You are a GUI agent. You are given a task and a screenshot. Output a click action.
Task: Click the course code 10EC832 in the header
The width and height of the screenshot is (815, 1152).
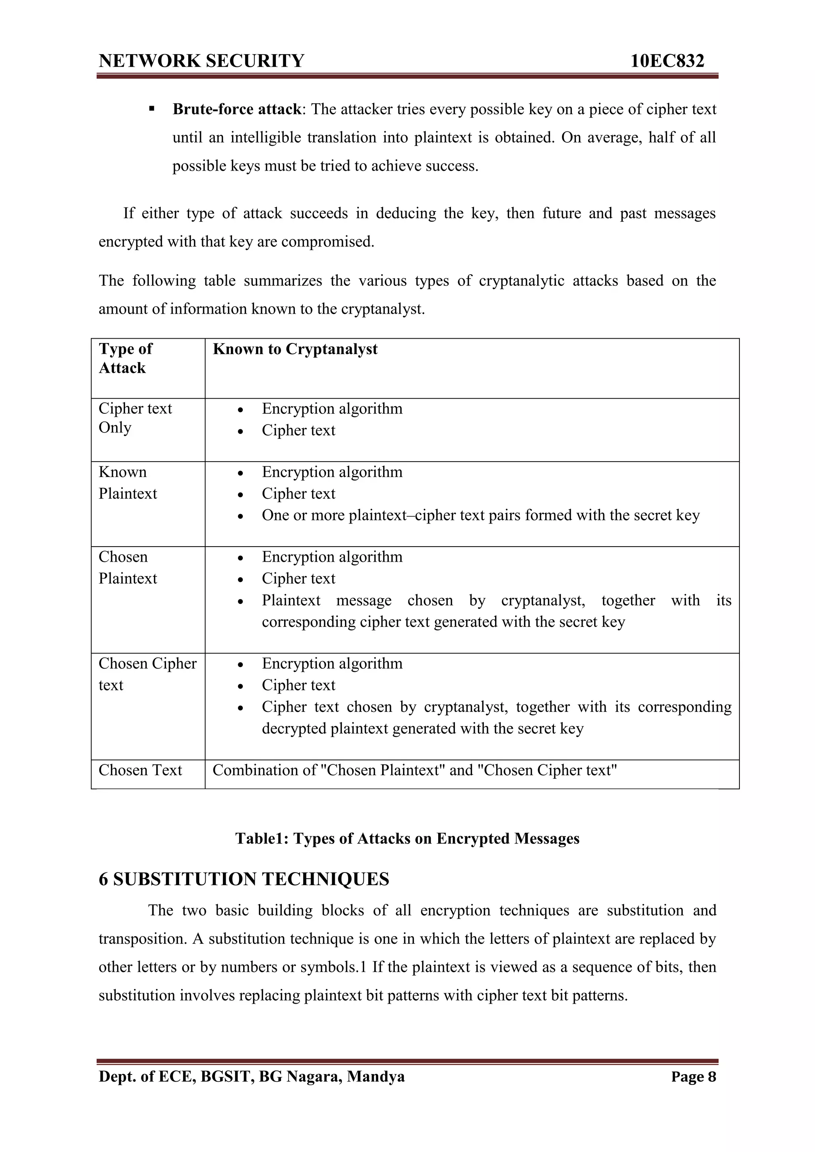(x=667, y=61)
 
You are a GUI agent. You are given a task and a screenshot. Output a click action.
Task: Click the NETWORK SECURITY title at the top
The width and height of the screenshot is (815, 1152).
(x=201, y=61)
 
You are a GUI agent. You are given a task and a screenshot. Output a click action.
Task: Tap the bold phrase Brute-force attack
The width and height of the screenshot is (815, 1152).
(x=236, y=109)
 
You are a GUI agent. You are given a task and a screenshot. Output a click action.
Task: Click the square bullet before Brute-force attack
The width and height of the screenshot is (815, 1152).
(x=151, y=109)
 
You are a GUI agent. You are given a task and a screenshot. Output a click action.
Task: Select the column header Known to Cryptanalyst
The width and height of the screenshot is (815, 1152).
(x=295, y=349)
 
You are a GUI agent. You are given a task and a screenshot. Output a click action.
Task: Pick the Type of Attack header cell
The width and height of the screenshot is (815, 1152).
(x=125, y=358)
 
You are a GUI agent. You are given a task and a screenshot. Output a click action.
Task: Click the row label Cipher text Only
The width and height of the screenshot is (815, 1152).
(x=135, y=417)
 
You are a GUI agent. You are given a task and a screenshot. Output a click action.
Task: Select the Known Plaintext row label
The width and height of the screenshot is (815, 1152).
(x=128, y=483)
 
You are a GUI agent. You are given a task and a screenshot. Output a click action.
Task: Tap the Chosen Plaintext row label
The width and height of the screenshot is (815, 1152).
(x=128, y=568)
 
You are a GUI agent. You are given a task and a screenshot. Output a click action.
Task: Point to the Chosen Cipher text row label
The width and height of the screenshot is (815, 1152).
(x=147, y=674)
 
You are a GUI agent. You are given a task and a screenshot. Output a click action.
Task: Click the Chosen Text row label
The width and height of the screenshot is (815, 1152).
(x=140, y=770)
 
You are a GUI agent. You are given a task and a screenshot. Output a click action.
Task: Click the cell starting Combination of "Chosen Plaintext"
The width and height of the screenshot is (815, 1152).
(x=414, y=770)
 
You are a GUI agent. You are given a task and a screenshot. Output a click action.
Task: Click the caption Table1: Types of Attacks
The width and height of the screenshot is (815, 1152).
(x=407, y=838)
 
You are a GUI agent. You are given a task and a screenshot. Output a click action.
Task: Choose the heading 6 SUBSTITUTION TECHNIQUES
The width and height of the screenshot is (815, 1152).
(x=244, y=879)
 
